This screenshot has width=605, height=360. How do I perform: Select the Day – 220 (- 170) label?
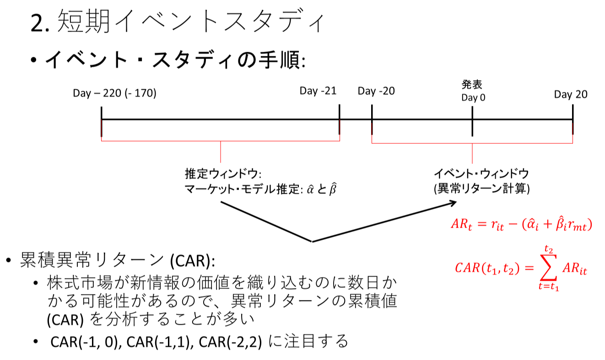coord(114,93)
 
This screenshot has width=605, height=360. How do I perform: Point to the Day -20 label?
coord(376,91)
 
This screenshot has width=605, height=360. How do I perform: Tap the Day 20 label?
coord(571,94)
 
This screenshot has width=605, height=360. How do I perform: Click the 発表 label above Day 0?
coord(472,84)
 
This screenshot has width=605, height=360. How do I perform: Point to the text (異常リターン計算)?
coord(481,189)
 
